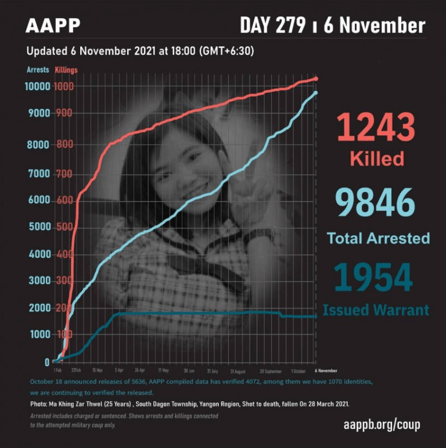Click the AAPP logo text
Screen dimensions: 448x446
53,26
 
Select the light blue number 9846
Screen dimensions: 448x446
376,203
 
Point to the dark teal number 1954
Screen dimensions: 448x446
376,277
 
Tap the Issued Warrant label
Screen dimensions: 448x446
376,310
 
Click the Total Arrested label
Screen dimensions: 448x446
378,238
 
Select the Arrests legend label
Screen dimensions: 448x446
38,70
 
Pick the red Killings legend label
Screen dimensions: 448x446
66,70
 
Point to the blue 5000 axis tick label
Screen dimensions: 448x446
39,227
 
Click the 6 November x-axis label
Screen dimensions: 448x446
325,370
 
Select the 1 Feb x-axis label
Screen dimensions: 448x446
57,370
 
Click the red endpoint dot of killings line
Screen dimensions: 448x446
316,78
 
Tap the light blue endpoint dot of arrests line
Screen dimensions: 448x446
315,92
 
